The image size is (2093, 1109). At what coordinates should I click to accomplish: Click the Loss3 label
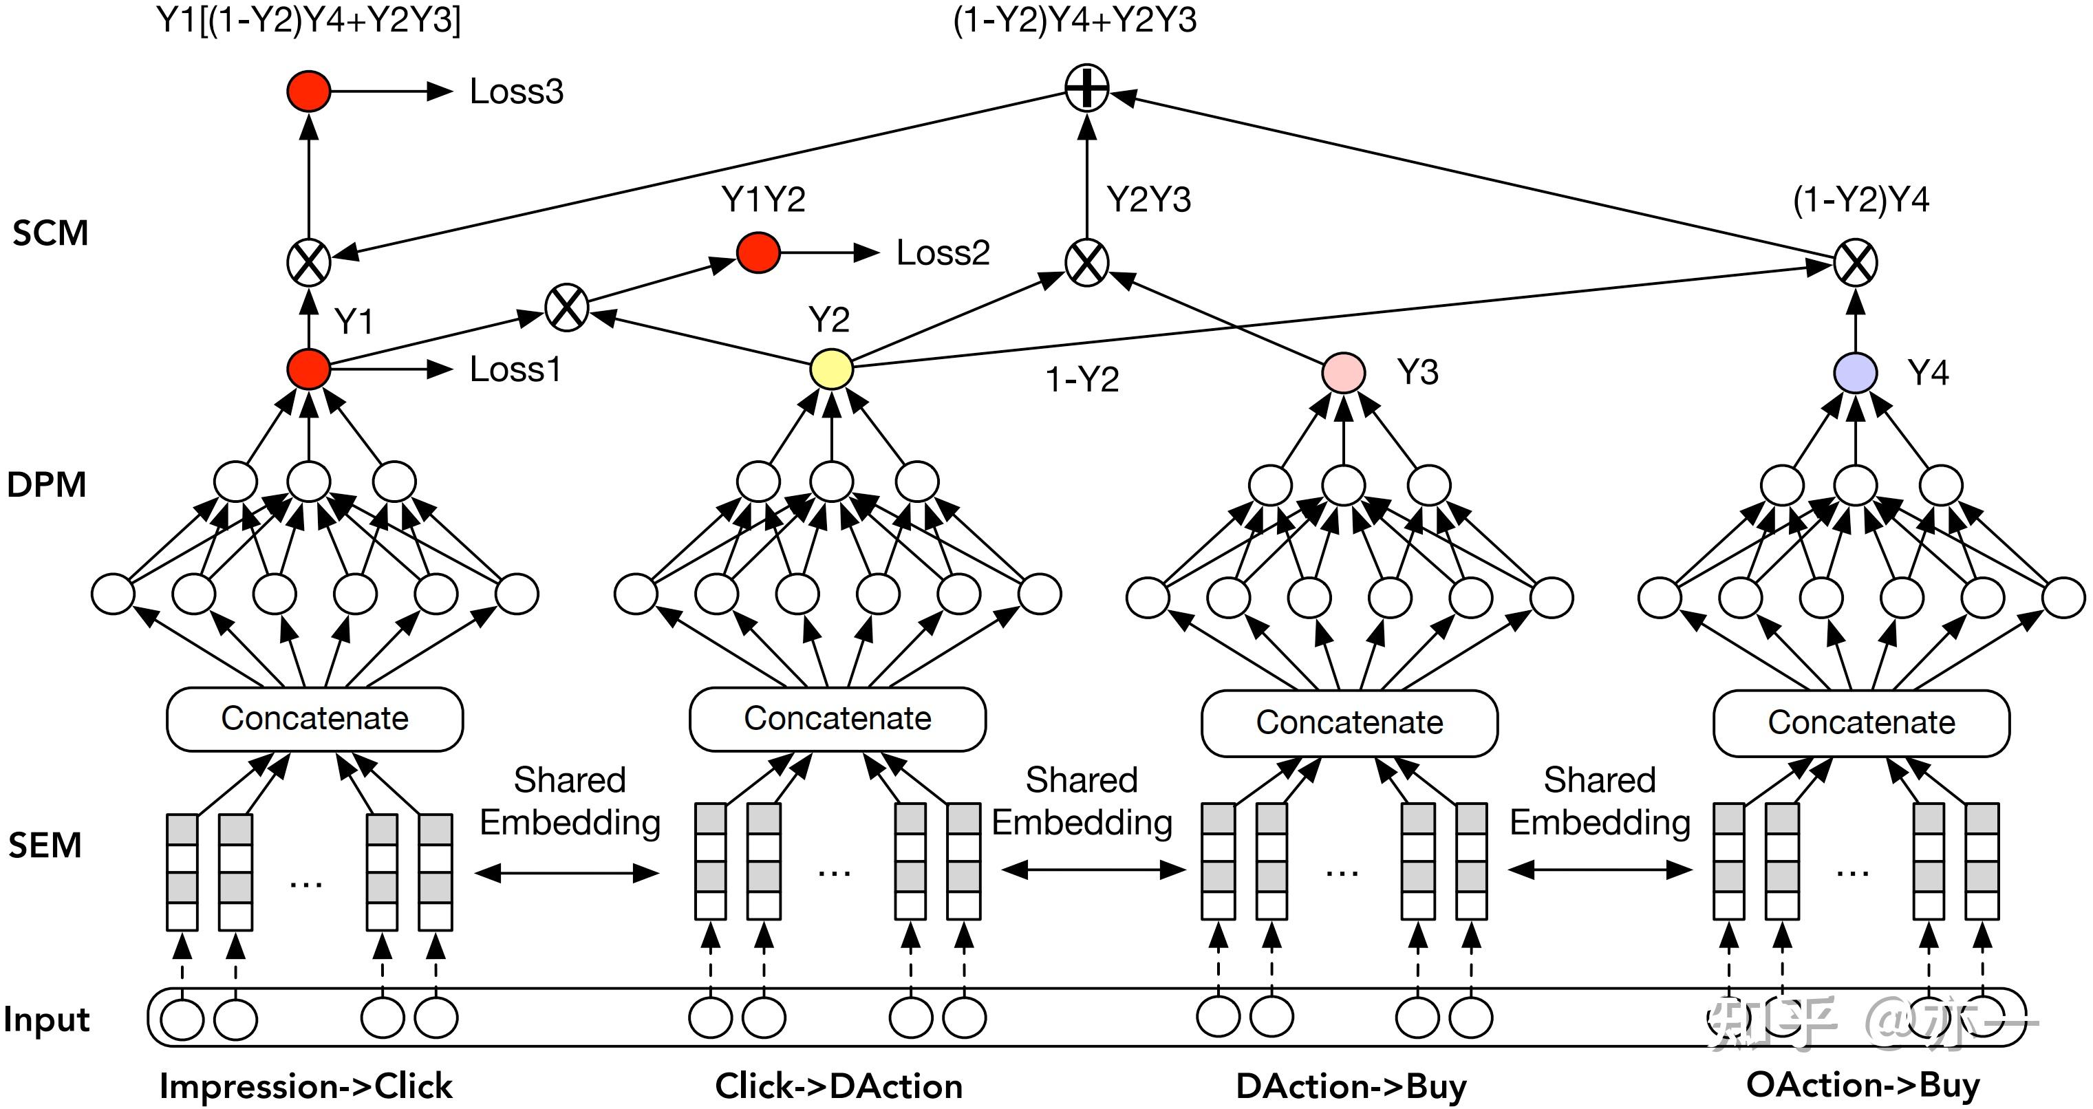[x=516, y=91]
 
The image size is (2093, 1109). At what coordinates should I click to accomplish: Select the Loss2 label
[x=943, y=252]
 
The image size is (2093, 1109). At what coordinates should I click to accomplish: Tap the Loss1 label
[x=515, y=369]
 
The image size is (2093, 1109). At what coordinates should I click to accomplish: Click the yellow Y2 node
[x=831, y=369]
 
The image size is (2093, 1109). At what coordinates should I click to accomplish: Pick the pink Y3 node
[x=1343, y=373]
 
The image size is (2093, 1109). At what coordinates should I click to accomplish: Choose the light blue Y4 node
[x=1855, y=373]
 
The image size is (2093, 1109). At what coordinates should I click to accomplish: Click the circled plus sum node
[x=1086, y=88]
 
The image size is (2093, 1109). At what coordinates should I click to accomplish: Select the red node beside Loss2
[x=758, y=252]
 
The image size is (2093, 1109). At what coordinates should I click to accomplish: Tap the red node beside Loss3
[x=309, y=91]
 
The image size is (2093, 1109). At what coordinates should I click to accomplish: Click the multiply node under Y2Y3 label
[x=1086, y=262]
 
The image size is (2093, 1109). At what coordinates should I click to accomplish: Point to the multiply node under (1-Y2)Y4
[x=1855, y=262]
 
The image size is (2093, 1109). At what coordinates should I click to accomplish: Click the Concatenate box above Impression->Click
[x=314, y=719]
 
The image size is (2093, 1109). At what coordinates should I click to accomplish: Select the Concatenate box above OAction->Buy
[x=1860, y=722]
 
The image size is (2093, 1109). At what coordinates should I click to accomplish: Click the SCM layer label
[x=50, y=233]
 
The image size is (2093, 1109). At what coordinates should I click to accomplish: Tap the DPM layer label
[x=46, y=484]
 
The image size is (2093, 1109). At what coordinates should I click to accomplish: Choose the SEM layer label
[x=45, y=846]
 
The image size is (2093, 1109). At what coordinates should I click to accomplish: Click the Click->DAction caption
[x=839, y=1086]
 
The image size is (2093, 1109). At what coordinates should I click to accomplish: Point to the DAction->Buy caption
[x=1351, y=1086]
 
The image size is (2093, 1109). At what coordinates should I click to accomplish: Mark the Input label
[x=46, y=1019]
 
